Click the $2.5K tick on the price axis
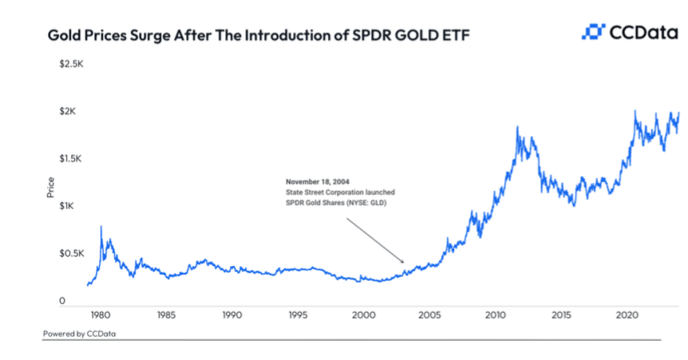point(72,63)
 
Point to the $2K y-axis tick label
point(67,111)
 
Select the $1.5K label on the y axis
point(72,159)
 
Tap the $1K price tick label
point(67,206)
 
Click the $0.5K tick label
point(72,253)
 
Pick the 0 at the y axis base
point(61,301)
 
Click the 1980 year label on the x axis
point(101,315)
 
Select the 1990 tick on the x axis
point(232,315)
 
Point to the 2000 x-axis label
point(365,315)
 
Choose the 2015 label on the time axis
point(563,315)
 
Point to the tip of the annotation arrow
point(405,262)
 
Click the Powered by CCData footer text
point(80,333)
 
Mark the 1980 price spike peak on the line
point(101,227)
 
